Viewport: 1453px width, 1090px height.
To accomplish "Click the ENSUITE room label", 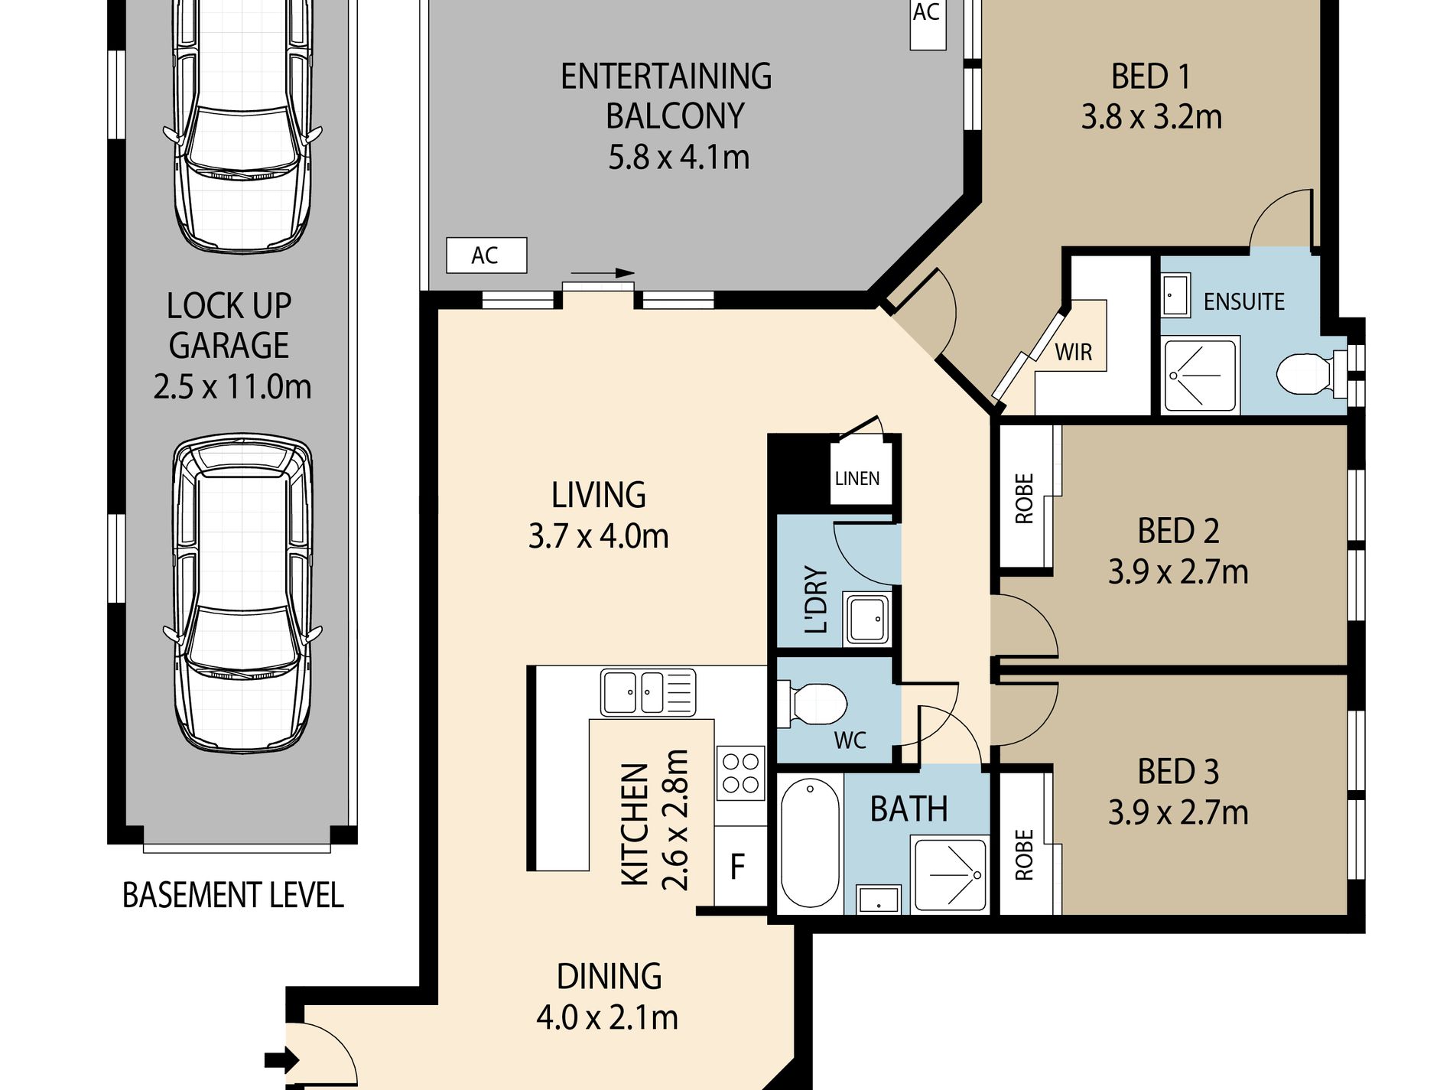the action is pos(1243,301).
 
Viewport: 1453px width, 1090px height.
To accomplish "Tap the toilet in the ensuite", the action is pos(1311,373).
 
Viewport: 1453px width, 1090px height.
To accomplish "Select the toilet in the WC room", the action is pos(812,704).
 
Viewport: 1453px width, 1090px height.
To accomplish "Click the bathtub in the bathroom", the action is pos(809,843).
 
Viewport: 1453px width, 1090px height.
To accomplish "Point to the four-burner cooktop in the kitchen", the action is pos(741,773).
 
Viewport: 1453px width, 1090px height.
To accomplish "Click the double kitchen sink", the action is pos(648,692).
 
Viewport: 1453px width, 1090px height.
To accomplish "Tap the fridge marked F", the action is pos(739,867).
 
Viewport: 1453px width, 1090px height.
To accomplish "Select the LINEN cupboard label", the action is pos(857,479).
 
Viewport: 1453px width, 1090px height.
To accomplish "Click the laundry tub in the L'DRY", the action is pos(866,619).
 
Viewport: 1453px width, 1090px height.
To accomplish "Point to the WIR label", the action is pos(1074,353).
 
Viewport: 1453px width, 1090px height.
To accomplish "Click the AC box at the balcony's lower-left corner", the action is pos(486,255).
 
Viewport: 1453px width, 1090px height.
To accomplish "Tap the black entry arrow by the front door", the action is pos(281,1061).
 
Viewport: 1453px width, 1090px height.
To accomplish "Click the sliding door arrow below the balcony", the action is pos(603,273).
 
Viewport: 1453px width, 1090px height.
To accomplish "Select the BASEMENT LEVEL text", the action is pos(233,895).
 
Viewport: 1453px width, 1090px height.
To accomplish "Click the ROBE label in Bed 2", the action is pos(1024,499).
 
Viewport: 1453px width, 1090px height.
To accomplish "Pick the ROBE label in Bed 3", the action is pos(1024,854).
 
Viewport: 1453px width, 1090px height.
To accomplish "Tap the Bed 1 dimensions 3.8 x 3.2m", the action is pos(1151,117).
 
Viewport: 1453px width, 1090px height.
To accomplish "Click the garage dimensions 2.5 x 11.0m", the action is pos(232,386).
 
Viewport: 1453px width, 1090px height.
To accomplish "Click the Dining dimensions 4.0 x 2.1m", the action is pos(607,1017).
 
